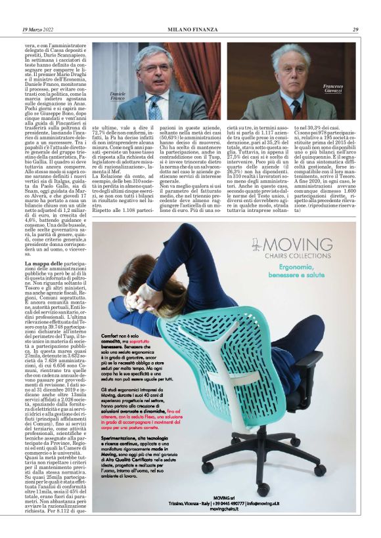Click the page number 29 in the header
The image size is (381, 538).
point(355,30)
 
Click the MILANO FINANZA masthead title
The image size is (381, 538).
point(190,30)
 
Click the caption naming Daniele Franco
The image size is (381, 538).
point(118,97)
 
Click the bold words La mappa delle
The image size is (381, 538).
point(46,262)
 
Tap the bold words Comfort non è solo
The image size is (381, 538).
point(118,335)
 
